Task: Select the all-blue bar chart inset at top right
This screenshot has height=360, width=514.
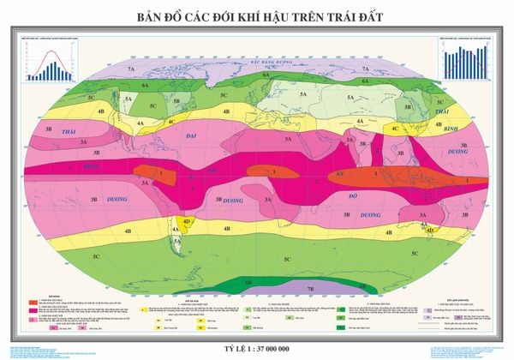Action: click(x=464, y=61)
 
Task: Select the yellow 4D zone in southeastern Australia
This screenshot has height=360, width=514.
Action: click(x=431, y=230)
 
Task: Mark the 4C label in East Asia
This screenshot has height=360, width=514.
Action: click(x=395, y=128)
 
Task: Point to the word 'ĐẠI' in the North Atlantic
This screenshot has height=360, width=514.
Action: click(x=192, y=135)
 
